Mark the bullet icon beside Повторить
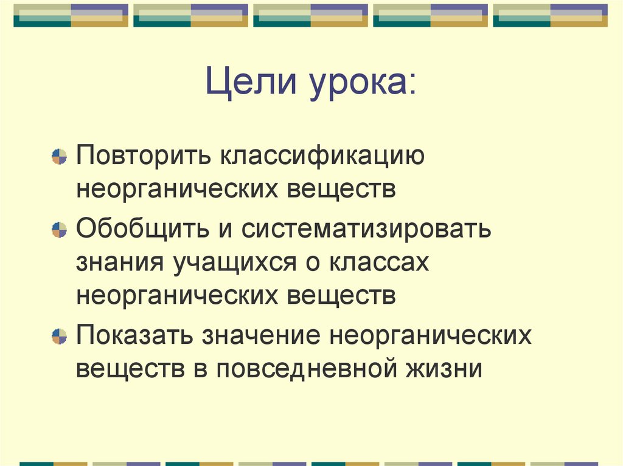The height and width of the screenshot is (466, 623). [59, 157]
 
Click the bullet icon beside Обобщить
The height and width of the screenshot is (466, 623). [59, 230]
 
